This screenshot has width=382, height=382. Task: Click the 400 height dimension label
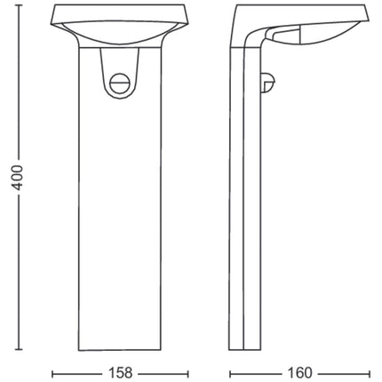(18, 178)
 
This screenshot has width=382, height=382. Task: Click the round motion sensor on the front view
(119, 84)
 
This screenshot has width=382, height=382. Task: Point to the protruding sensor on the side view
(268, 83)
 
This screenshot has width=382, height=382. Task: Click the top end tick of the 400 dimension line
(19, 5)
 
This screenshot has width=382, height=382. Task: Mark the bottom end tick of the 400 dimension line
(19, 349)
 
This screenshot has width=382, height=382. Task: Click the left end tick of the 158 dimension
(52, 374)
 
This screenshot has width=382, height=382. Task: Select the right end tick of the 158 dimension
(188, 374)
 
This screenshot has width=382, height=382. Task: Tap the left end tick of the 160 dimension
(230, 374)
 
